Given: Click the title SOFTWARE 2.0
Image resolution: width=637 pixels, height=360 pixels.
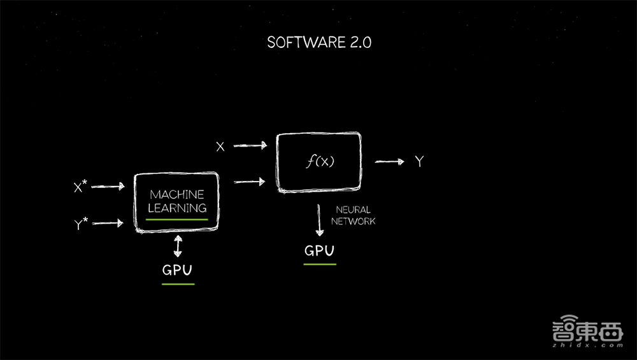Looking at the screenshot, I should pyautogui.click(x=319, y=43).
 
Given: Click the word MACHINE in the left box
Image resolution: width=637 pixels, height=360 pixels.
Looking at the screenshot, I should pyautogui.click(x=177, y=194).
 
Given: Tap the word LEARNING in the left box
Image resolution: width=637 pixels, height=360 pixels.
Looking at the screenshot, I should pyautogui.click(x=177, y=208).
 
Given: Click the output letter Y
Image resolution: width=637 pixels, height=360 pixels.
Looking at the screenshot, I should pyautogui.click(x=419, y=162).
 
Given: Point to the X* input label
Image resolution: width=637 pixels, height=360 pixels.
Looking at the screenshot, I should pyautogui.click(x=80, y=187).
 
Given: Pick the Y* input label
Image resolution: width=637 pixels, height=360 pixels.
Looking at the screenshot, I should pyautogui.click(x=80, y=224).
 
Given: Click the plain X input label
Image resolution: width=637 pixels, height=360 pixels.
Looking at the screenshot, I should pyautogui.click(x=220, y=147).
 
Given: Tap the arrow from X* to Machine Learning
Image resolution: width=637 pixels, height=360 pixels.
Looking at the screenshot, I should pyautogui.click(x=108, y=187).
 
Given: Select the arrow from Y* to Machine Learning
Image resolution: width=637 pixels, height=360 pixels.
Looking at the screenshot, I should pyautogui.click(x=108, y=223).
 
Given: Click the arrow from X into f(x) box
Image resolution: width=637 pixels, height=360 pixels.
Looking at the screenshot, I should pyautogui.click(x=250, y=146).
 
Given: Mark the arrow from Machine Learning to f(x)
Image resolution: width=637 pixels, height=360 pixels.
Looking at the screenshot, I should pyautogui.click(x=250, y=182).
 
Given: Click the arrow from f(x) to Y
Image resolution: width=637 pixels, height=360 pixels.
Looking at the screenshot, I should pyautogui.click(x=389, y=162).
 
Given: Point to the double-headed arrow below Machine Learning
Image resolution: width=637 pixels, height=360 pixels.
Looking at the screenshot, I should pyautogui.click(x=178, y=246).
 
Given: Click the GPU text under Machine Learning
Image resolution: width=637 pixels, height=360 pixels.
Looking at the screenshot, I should pyautogui.click(x=177, y=270).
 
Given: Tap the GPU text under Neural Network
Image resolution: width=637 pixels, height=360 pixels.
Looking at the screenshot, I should pyautogui.click(x=319, y=250).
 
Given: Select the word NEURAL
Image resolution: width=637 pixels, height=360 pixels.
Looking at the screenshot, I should pyautogui.click(x=353, y=210).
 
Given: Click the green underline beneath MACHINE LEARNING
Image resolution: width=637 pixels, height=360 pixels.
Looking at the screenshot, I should pyautogui.click(x=177, y=219).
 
